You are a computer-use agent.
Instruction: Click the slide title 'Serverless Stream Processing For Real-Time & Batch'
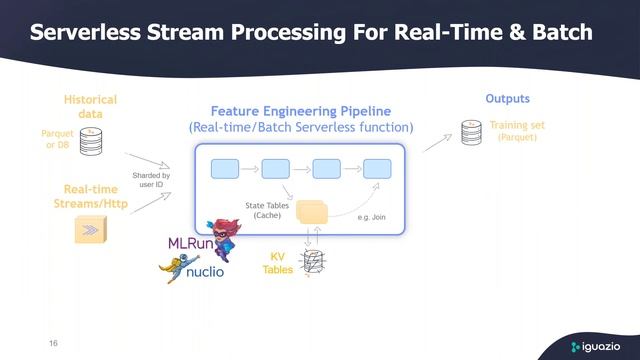pos(311,32)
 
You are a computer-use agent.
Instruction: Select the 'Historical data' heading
pos(90,107)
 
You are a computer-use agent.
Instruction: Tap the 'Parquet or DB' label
pos(56,139)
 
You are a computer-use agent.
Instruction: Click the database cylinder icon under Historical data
pos(92,140)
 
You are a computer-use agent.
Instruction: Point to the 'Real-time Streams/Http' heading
pos(91,197)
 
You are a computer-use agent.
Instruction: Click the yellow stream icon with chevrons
pos(91,231)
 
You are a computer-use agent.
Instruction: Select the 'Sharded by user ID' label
pos(151,180)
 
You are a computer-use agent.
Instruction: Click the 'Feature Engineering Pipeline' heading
pos(300,111)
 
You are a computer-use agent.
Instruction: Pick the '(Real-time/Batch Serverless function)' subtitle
pos(300,128)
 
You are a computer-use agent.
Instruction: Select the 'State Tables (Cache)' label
pos(266,210)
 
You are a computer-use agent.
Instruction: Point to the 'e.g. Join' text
pos(373,216)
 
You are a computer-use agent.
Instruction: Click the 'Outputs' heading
pos(507,99)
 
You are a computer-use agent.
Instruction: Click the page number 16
pos(53,343)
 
